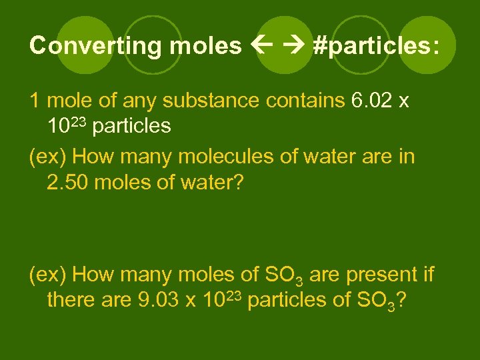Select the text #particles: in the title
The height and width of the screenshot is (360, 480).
tap(376, 45)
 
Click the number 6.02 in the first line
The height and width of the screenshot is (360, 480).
tap(371, 101)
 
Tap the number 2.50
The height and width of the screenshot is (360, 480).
tap(69, 181)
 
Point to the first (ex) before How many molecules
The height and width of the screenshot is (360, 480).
tap(48, 157)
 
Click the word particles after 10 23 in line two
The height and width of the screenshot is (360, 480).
tap(132, 125)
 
